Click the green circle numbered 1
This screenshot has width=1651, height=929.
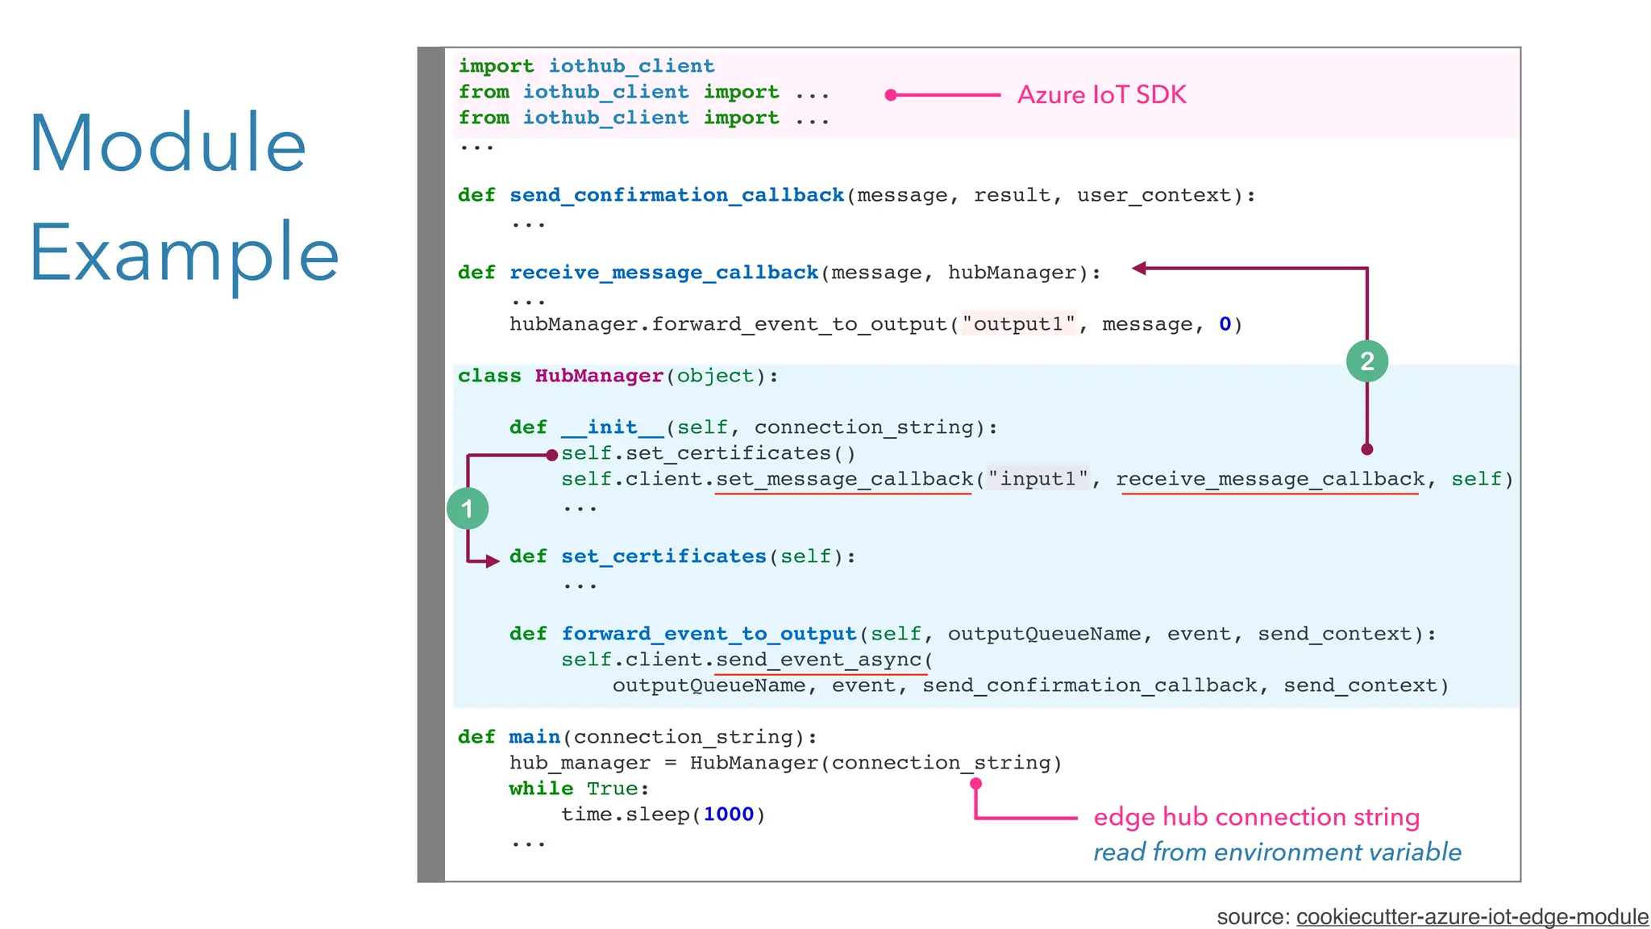468,508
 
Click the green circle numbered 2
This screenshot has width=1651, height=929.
1367,360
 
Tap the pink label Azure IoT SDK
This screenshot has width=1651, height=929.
1101,95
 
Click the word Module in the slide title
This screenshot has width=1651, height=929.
168,144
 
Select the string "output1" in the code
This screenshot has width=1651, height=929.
1018,324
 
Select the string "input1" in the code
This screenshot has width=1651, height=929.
1038,479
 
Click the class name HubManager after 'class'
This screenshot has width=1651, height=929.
599,376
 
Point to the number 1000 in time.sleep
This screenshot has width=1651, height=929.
728,814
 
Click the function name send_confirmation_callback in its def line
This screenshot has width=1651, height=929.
676,195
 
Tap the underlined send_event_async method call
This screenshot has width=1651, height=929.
818,660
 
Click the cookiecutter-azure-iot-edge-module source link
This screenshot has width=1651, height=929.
1472,916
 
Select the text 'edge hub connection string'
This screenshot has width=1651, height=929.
1256,817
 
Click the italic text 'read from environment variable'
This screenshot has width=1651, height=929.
1277,852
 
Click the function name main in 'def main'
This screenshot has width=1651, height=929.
534,737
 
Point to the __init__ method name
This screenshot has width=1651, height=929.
612,427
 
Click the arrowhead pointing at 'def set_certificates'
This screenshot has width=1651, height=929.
493,560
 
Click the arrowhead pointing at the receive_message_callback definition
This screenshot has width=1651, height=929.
1139,269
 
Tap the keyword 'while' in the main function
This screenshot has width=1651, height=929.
541,789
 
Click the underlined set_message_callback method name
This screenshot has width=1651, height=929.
844,479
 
